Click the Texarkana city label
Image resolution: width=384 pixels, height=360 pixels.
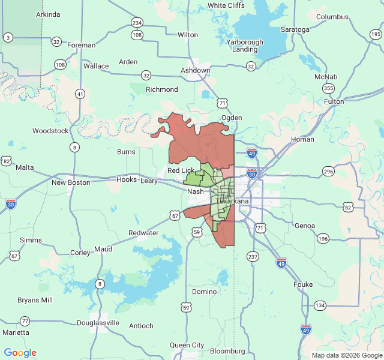(233, 201)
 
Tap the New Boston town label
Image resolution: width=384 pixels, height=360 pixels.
(71, 182)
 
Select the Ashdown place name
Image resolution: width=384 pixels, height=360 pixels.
(196, 71)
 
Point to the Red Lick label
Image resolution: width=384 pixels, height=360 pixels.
(181, 171)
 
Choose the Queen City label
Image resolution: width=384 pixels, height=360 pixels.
(187, 345)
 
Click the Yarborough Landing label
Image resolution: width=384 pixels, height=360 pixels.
(245, 46)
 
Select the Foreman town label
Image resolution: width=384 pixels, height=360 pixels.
(82, 45)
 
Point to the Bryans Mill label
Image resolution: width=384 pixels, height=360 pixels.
(35, 300)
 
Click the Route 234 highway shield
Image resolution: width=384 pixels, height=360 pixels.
(137, 23)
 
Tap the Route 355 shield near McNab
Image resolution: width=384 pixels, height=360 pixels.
(328, 88)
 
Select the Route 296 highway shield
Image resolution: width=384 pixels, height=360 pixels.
(328, 172)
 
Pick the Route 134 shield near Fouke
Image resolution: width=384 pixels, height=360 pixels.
(320, 305)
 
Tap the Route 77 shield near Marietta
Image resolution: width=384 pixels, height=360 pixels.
(25, 321)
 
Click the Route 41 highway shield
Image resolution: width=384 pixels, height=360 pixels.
(80, 94)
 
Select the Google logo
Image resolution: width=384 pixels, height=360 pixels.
(20, 353)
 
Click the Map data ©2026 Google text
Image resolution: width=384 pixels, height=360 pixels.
(346, 355)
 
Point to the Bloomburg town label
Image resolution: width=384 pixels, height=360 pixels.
(227, 351)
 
